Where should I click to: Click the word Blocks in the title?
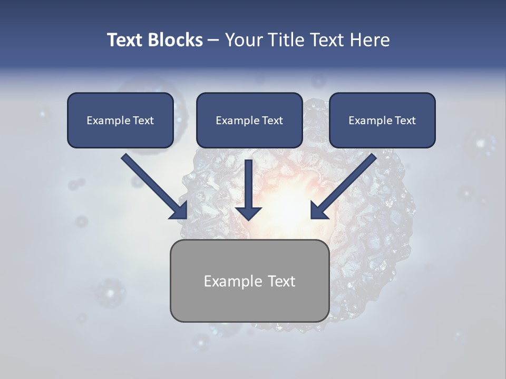point(174,40)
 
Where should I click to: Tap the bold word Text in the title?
point(125,40)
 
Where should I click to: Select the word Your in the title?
point(244,40)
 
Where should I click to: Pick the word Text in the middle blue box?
point(272,121)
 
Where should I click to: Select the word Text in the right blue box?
point(405,121)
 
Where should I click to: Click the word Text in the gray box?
point(281,281)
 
